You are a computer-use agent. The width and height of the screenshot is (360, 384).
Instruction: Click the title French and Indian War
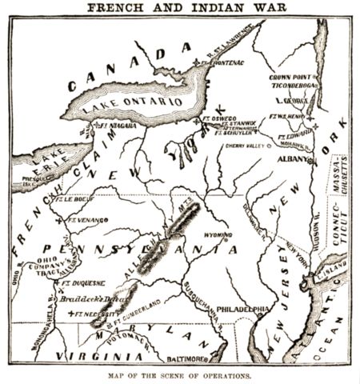tap(180, 8)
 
